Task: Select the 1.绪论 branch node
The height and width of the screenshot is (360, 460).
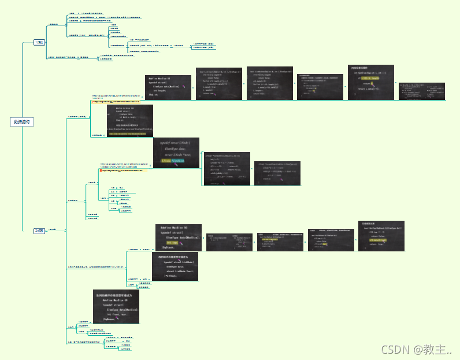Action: (x=40, y=42)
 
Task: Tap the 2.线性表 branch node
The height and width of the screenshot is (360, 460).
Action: (x=40, y=231)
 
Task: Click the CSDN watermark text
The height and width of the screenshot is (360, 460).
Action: (x=416, y=350)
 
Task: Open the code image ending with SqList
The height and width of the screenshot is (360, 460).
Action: (x=168, y=87)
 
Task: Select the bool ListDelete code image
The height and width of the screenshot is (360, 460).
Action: (x=269, y=84)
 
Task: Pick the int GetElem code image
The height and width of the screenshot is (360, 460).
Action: (x=370, y=83)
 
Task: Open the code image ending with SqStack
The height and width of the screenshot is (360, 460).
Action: (x=178, y=237)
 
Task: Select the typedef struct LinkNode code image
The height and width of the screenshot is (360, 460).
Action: (x=174, y=266)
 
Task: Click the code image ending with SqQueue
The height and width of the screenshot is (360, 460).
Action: (x=116, y=306)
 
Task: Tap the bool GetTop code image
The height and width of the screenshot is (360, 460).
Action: (x=381, y=236)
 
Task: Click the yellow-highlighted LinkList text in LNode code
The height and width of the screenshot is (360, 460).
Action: (x=172, y=160)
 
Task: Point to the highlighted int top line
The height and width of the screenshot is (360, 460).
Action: (x=173, y=243)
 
